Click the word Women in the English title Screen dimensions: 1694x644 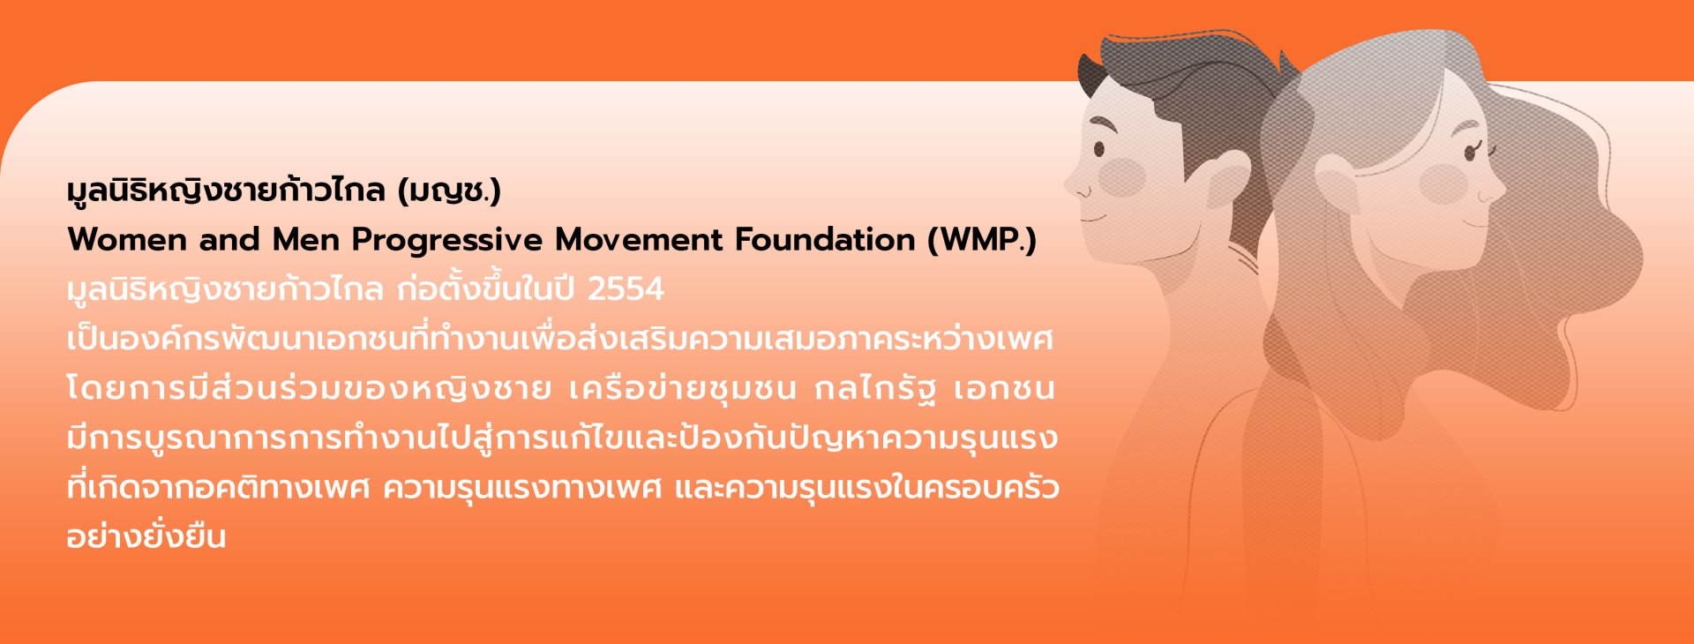click(127, 239)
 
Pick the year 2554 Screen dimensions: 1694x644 click(626, 289)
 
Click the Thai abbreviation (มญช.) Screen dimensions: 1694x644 click(449, 191)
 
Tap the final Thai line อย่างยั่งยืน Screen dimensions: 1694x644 click(146, 535)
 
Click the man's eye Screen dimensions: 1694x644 click(1099, 148)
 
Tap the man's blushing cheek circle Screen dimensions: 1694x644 click(1122, 177)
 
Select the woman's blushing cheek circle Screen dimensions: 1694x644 click(1443, 183)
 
